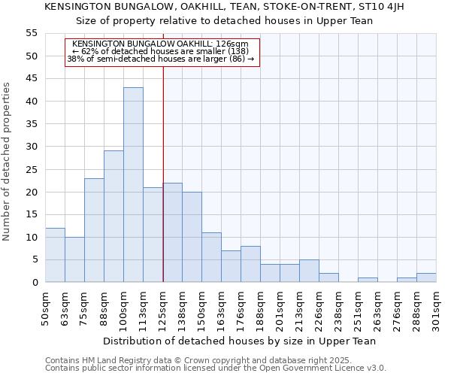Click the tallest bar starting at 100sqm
click(133, 185)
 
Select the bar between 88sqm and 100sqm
click(114, 217)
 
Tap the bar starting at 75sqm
click(94, 230)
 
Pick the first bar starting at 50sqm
click(55, 255)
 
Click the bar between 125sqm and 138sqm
click(172, 232)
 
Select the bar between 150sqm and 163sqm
click(211, 257)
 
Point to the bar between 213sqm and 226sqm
click(309, 271)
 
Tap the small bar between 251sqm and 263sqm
click(368, 280)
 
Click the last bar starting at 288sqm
click(426, 277)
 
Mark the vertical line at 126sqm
click(163, 173)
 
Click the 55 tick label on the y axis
click(32, 33)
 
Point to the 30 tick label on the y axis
click(32, 147)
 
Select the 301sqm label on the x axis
click(437, 309)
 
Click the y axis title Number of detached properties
click(8, 162)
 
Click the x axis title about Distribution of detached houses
click(239, 341)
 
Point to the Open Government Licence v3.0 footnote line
click(216, 368)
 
